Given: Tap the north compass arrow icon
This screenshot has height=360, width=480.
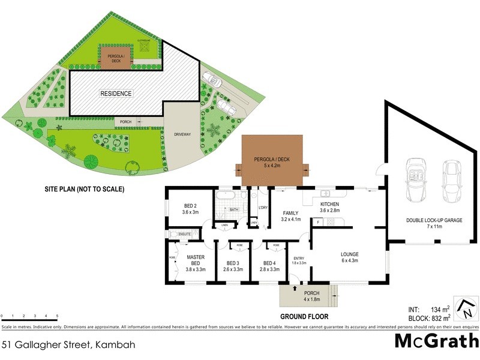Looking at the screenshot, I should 465,308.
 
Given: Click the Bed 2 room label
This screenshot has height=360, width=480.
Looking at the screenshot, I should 190,208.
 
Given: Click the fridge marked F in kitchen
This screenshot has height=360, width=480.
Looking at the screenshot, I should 317,223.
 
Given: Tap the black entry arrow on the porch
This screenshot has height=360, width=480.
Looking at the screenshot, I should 295,289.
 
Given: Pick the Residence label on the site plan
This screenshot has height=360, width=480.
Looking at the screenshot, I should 116,94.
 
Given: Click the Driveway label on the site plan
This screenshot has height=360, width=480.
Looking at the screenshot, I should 182,134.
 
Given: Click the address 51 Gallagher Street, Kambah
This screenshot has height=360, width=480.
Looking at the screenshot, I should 67,344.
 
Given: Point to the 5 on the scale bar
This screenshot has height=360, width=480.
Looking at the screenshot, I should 57,315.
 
